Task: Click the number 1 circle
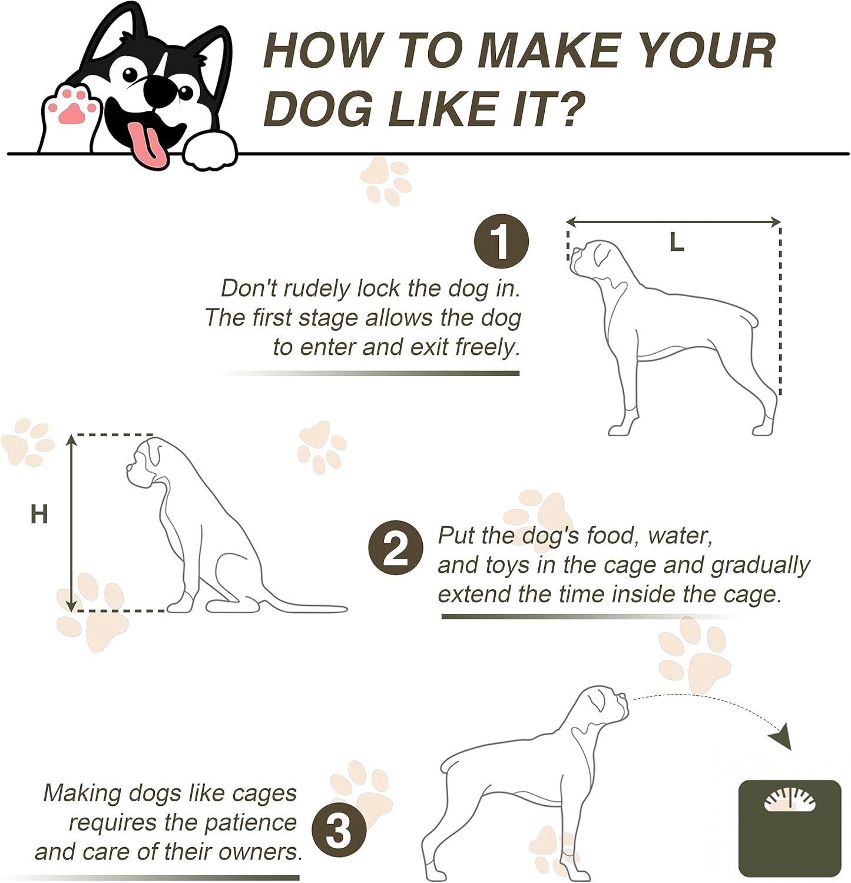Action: pyautogui.click(x=502, y=241)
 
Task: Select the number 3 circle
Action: pyautogui.click(x=339, y=831)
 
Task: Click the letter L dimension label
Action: pyautogui.click(x=677, y=242)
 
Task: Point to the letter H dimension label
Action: pyautogui.click(x=39, y=514)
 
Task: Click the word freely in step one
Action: pyautogui.click(x=488, y=348)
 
